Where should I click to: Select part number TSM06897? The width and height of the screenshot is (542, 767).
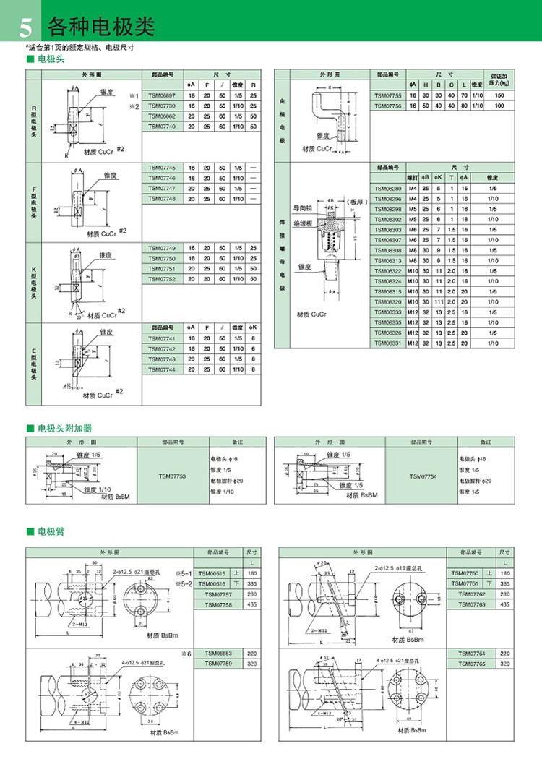coord(162,95)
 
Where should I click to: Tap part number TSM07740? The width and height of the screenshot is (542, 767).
coord(162,127)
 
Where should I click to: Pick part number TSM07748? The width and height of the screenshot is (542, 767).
coord(162,199)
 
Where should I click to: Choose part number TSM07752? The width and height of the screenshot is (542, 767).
coord(162,278)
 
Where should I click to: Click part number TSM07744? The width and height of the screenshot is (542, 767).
coord(162,369)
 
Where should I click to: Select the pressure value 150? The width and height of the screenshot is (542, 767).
coord(499,95)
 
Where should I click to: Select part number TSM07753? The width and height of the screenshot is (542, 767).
coord(172,476)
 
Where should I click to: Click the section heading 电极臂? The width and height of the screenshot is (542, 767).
coord(54,532)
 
